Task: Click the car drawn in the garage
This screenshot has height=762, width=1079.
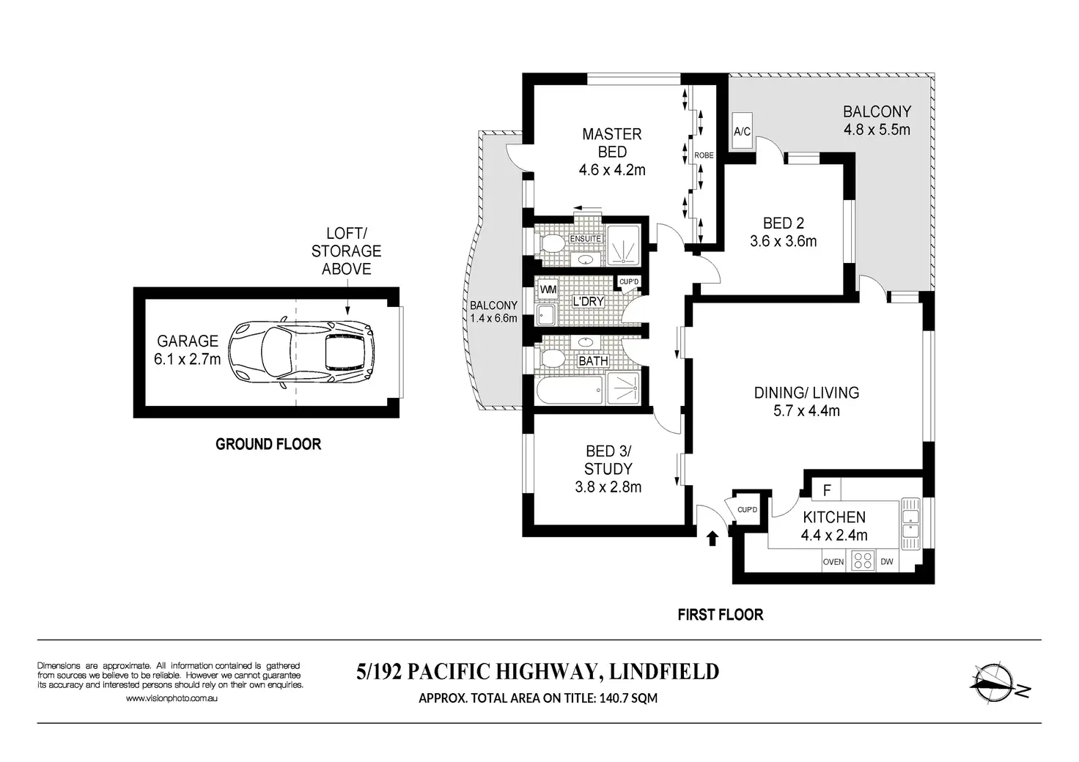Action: point(301,353)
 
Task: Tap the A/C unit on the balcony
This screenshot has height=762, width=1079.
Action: point(742,131)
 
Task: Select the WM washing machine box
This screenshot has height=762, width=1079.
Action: point(548,289)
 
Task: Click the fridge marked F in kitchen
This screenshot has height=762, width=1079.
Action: point(827,490)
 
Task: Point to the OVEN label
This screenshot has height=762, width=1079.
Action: point(833,562)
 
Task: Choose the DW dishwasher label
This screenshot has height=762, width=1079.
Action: point(887,561)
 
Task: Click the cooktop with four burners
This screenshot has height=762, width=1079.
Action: point(863,561)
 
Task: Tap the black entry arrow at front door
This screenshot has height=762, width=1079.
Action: point(712,539)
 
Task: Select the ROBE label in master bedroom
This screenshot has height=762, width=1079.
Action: point(704,155)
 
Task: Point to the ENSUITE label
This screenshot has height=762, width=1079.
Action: point(585,239)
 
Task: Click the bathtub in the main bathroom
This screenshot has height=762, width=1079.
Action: point(570,391)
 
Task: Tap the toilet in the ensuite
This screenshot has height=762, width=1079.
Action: point(553,243)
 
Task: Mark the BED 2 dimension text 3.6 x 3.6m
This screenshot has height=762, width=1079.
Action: point(784,241)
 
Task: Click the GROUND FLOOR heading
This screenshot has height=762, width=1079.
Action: point(268,444)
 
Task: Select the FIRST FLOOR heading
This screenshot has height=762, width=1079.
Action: point(721,615)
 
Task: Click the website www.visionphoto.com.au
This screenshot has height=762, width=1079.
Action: point(172,698)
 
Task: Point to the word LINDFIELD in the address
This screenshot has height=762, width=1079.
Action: point(664,671)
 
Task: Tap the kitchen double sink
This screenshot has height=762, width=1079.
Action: point(910,523)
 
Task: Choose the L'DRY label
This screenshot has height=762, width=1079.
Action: point(588,301)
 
